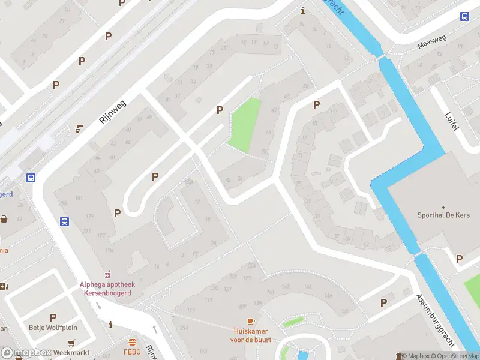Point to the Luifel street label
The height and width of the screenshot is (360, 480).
(452, 123)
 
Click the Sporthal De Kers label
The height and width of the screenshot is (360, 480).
(443, 215)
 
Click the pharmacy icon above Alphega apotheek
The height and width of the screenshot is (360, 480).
(109, 274)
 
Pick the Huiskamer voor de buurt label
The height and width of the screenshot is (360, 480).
(251, 335)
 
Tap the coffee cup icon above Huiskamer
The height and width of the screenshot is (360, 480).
(251, 322)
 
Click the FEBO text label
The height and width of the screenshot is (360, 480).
(132, 352)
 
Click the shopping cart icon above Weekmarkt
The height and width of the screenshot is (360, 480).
(72, 343)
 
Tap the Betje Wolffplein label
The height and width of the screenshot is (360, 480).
(53, 328)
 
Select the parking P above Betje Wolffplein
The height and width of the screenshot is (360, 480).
(53, 317)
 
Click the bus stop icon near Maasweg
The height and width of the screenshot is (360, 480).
(464, 16)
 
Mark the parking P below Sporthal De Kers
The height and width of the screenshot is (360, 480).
(459, 259)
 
